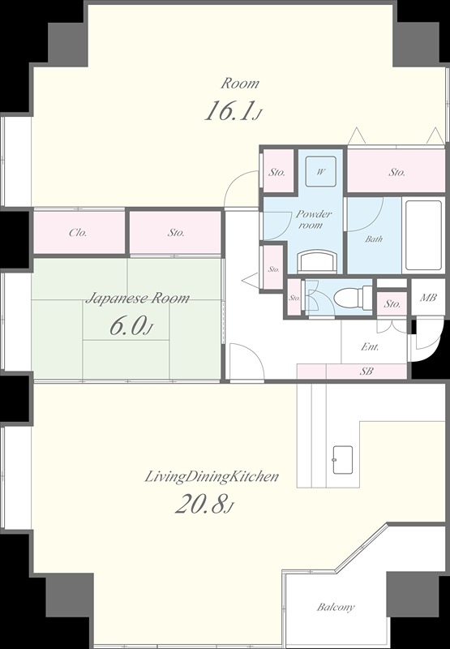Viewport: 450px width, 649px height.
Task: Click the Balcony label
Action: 336,607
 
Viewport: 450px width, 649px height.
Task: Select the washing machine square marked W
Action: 320,172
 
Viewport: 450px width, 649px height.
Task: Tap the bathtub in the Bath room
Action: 422,235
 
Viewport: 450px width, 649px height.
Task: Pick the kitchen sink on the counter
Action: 343,460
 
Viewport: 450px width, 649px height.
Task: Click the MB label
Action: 428,298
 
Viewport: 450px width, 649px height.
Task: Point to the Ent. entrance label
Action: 370,347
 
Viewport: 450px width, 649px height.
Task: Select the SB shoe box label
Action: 366,372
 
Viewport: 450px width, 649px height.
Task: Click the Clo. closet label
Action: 78,233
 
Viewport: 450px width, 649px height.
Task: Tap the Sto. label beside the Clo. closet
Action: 176,233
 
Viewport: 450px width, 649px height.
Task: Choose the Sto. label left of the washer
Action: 276,172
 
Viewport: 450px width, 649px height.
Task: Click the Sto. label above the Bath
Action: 396,172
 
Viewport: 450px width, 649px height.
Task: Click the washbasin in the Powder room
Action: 317,261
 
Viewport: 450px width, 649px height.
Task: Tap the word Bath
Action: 374,239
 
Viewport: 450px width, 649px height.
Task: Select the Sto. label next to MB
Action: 392,304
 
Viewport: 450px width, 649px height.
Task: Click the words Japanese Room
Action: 137,298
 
